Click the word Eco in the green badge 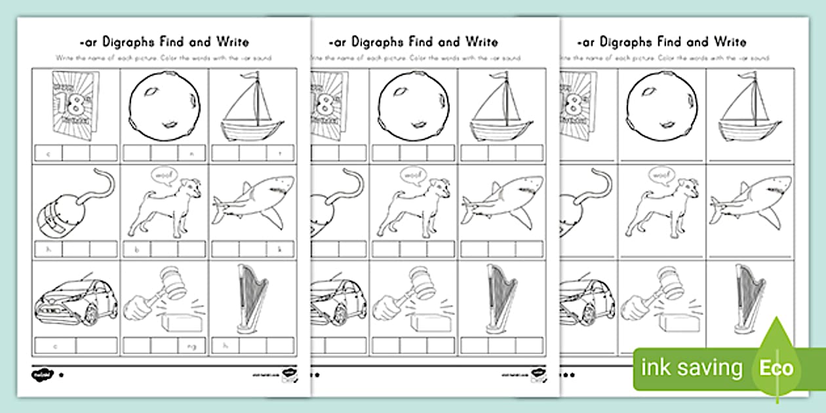point(777,368)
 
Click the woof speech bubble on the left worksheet point(164,176)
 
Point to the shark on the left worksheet point(252,202)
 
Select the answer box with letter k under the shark point(281,249)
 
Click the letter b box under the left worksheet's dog point(136,249)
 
